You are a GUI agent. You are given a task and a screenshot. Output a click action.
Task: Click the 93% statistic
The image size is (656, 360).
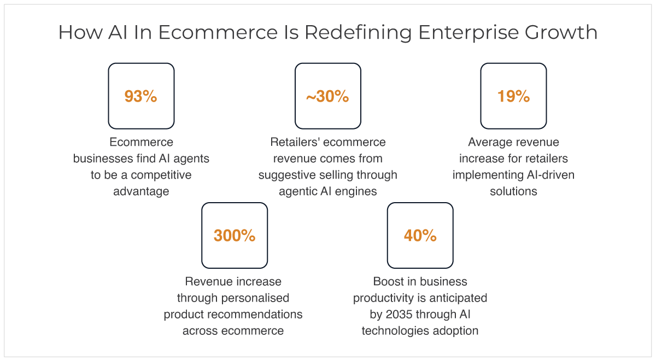141,96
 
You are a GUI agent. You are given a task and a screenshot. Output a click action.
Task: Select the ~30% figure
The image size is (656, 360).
327,96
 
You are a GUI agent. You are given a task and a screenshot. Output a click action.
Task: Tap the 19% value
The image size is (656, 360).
513,96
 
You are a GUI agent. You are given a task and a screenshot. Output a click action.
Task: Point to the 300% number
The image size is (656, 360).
235,235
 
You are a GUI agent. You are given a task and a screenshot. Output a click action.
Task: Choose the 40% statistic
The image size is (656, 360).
420,235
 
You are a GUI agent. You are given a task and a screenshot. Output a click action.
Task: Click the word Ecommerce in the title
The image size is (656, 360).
218,32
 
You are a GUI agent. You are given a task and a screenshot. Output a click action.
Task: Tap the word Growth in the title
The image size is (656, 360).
561,32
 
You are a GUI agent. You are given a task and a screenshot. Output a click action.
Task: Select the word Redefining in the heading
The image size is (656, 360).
358,33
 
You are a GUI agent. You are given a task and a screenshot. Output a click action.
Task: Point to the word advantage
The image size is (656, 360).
141,192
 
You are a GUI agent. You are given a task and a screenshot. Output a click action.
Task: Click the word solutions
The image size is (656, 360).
513,191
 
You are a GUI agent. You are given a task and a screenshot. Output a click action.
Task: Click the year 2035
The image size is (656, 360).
399,315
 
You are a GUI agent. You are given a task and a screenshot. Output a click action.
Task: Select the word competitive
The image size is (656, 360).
161,175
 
